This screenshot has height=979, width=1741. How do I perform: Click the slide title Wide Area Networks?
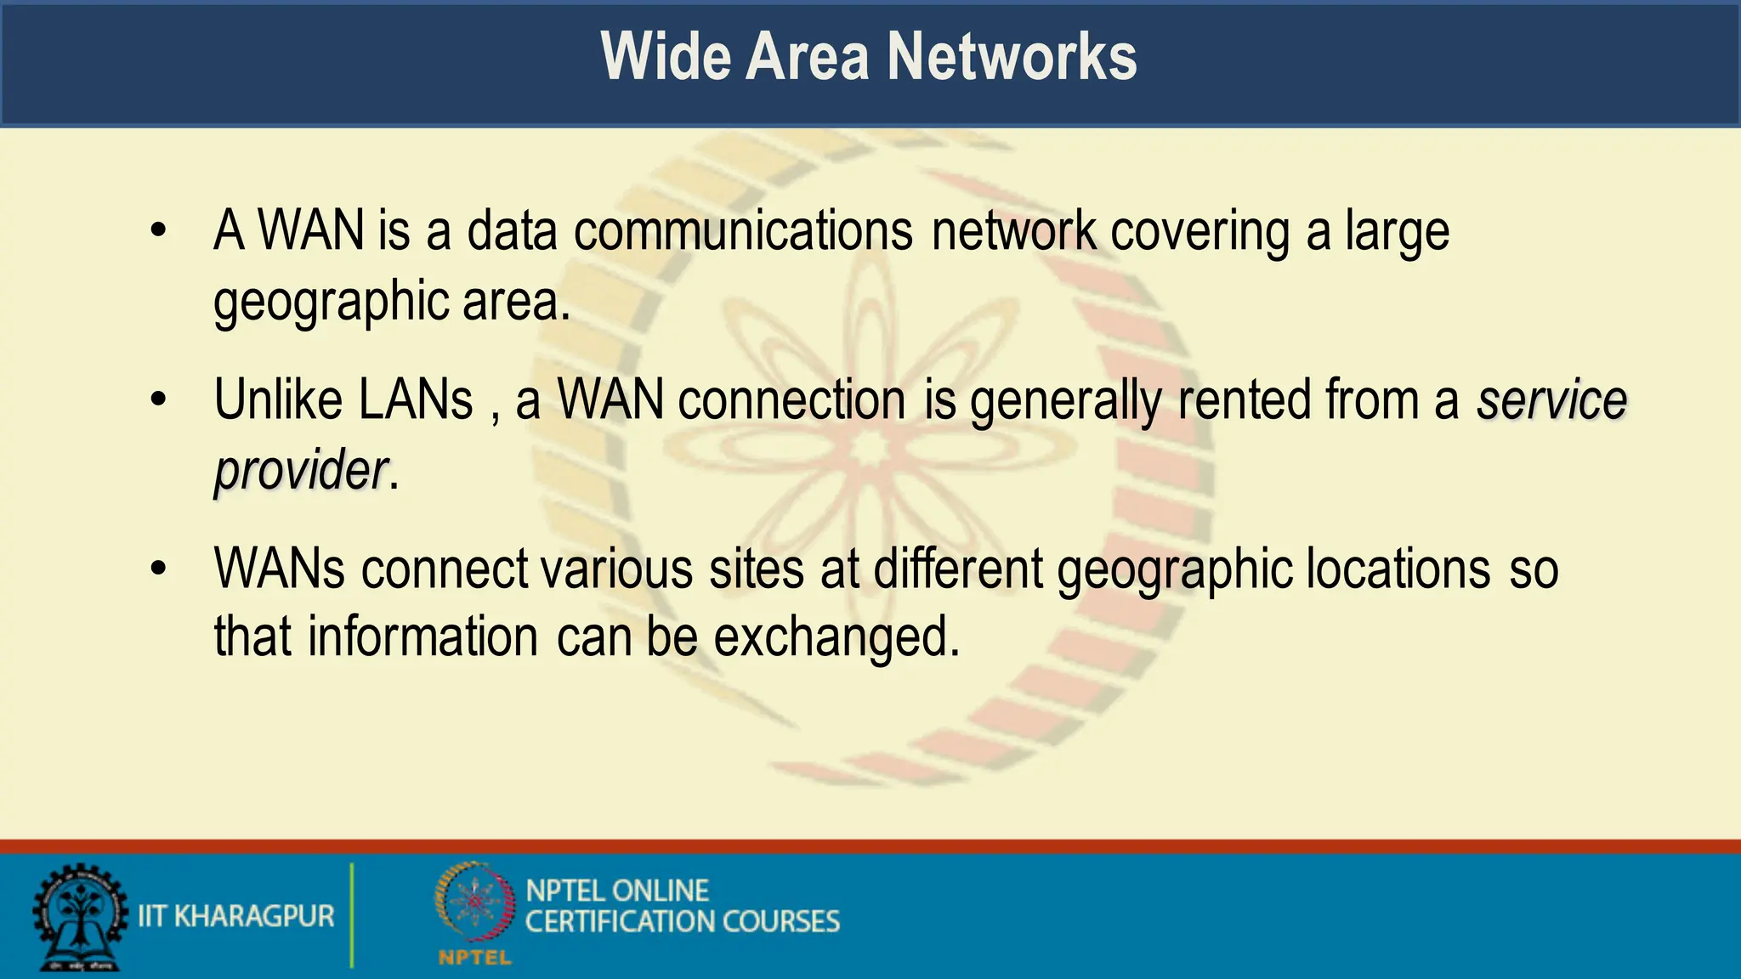(x=868, y=56)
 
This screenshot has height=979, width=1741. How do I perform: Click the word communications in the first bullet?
(x=743, y=231)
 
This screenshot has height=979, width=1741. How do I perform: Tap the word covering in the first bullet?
(x=1200, y=231)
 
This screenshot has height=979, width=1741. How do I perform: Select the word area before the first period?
(x=510, y=302)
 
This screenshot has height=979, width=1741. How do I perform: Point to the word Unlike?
(x=277, y=399)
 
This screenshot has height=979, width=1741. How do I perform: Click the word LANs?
(x=416, y=399)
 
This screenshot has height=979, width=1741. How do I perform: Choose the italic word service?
(x=1551, y=399)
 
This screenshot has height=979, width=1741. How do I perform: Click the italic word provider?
(x=301, y=470)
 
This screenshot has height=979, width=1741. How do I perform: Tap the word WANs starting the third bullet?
(x=280, y=569)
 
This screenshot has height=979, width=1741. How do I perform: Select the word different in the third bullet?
(x=958, y=569)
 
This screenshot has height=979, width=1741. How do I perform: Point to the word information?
(x=422, y=637)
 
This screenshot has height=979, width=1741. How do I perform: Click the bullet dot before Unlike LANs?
(x=158, y=399)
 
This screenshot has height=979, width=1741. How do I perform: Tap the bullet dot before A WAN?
(x=158, y=231)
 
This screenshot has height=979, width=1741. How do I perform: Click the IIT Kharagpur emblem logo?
(x=79, y=916)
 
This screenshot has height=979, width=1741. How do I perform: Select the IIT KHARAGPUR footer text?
(x=236, y=916)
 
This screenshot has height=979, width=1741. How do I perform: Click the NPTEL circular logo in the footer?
(x=475, y=904)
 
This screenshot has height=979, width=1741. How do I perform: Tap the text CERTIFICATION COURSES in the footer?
(x=682, y=921)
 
